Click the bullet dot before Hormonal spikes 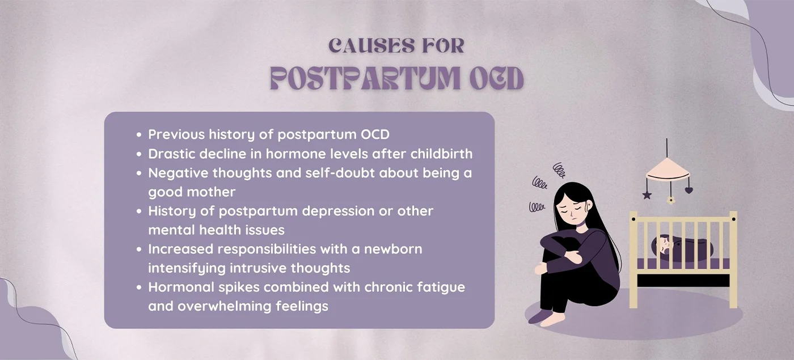coord(140,287)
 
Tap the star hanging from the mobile coord(647,194)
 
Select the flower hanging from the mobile coord(671,200)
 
